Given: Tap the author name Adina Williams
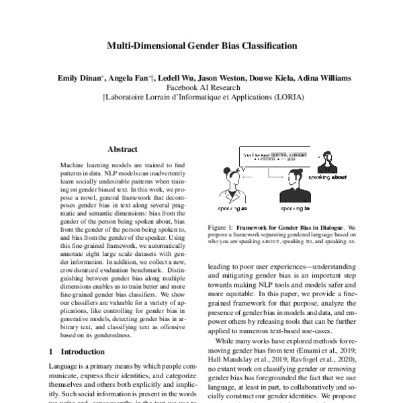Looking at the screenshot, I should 322,79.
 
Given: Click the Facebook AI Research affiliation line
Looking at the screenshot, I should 201,88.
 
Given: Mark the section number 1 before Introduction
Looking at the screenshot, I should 52,351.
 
